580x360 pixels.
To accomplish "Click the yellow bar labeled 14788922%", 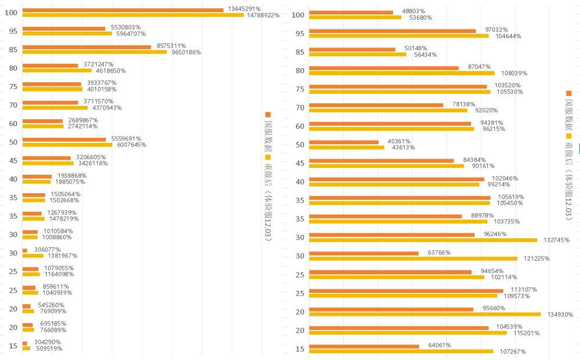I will pyautogui.click(x=133, y=15).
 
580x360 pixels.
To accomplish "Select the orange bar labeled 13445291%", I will pyautogui.click(x=123, y=9).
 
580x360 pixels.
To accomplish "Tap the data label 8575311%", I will pyautogui.click(x=170, y=46).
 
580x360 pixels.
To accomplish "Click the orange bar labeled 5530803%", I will pyautogui.click(x=64, y=28).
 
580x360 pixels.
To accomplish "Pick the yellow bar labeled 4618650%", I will pyautogui.click(x=57, y=71).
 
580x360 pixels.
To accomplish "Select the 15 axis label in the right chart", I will pyautogui.click(x=299, y=348).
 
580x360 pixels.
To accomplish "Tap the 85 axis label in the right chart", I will pyautogui.click(x=299, y=52).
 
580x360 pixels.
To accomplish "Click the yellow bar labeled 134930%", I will pyautogui.click(x=425, y=314).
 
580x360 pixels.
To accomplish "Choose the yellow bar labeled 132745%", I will pyautogui.click(x=423, y=240).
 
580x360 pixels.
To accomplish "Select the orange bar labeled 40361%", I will pyautogui.click(x=344, y=142).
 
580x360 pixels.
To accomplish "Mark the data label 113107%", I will pyautogui.click(x=524, y=289).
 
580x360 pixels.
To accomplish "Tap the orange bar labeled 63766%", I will pyautogui.click(x=364, y=253).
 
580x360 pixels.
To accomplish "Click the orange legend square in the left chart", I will pyautogui.click(x=267, y=115).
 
